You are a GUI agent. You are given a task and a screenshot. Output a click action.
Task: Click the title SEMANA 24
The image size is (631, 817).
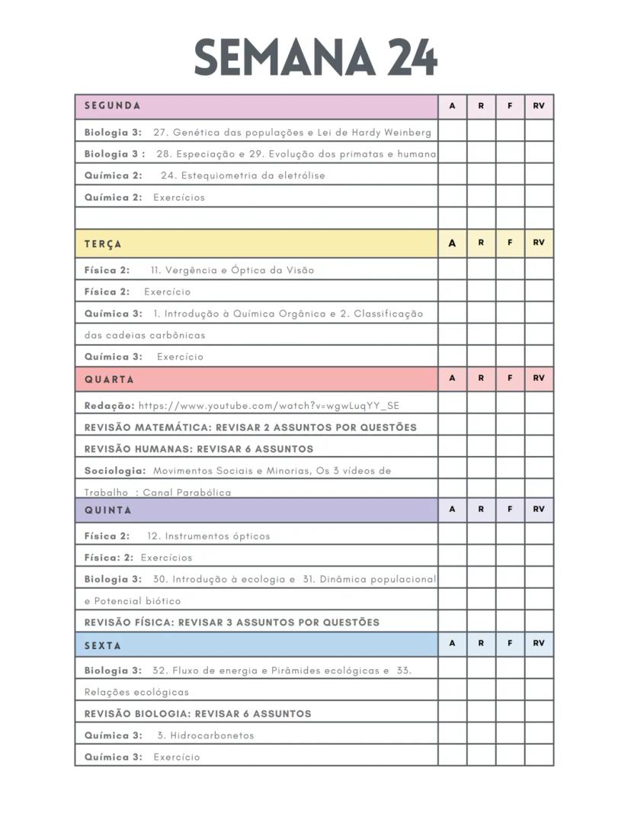point(315,56)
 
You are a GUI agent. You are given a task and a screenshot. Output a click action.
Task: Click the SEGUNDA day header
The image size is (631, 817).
point(112,106)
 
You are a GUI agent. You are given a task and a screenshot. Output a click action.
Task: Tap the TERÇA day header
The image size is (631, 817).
point(103,244)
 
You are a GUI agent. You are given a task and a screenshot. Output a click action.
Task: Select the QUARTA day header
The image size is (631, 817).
point(109,379)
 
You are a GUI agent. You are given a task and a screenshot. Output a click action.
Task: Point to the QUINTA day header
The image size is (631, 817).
point(108,510)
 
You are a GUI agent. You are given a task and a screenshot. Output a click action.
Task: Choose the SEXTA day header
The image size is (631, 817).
point(103,645)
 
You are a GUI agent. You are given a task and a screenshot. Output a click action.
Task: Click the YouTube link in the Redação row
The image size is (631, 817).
point(268,406)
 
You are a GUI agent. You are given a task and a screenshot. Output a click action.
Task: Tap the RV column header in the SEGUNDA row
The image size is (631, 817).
point(539,106)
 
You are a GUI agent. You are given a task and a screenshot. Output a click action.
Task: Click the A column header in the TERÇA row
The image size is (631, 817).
point(453,243)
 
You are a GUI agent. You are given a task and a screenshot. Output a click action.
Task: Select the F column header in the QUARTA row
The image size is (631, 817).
point(510,378)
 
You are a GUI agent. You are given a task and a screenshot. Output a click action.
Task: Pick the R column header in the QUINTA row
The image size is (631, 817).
point(481,509)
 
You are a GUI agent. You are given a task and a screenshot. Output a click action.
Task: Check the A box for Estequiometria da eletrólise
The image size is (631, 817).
point(453,175)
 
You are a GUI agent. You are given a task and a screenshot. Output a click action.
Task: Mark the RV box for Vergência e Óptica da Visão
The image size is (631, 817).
point(539,270)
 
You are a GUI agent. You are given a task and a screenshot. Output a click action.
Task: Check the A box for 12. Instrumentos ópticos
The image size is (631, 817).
point(453,536)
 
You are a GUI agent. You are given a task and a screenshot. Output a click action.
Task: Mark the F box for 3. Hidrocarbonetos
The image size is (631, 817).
point(510,735)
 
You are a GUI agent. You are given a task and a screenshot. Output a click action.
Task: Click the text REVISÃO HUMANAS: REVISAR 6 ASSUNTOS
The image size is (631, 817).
point(199,449)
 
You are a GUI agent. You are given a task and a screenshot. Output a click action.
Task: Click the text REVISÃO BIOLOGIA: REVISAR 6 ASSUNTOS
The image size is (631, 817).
point(198,714)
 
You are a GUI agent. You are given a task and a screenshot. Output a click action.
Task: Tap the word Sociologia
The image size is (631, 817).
point(114,471)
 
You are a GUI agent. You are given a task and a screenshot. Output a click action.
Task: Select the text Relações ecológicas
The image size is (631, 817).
point(136,692)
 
